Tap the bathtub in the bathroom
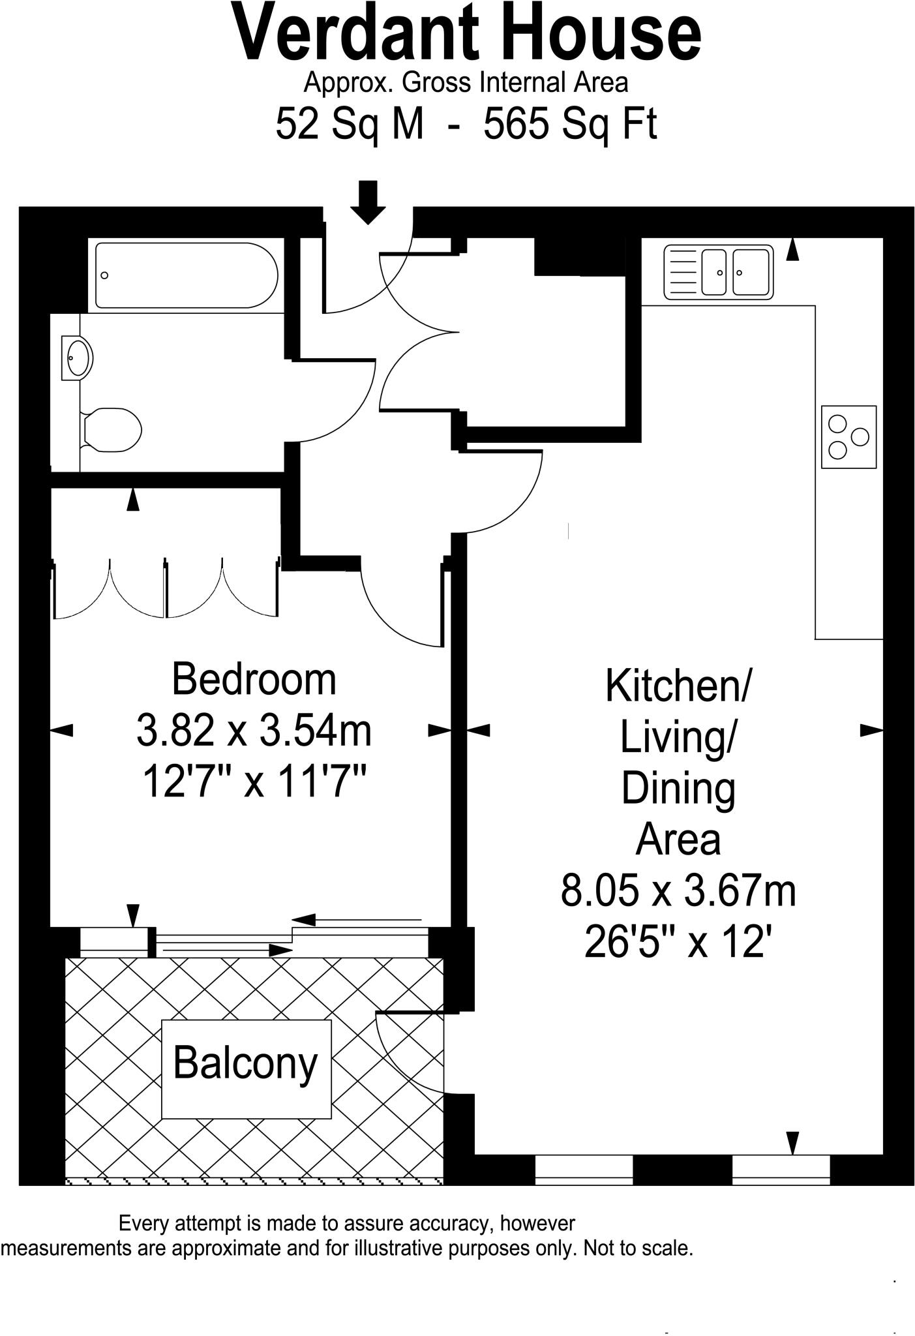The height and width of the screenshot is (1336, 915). tap(186, 275)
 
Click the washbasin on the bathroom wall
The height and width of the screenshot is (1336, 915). tap(77, 357)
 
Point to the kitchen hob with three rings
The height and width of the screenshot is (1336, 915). tap(848, 437)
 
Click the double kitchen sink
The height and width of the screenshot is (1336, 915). tap(718, 272)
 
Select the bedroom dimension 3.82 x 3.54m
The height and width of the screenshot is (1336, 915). tap(254, 730)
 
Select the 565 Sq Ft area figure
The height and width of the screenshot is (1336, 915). tap(569, 123)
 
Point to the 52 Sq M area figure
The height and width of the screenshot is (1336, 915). tap(350, 123)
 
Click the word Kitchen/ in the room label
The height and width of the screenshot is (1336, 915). tap(678, 686)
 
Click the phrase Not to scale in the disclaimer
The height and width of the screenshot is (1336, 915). tap(637, 1248)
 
